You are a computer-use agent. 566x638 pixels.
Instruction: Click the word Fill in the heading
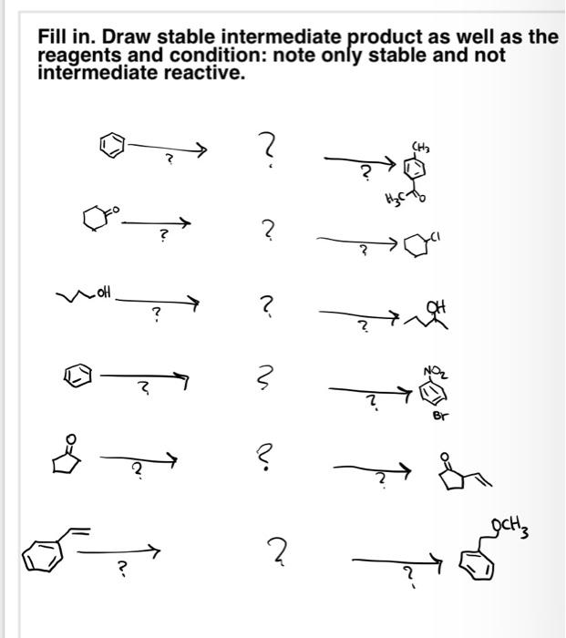coord(54,37)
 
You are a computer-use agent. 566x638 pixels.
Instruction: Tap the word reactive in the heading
coord(211,73)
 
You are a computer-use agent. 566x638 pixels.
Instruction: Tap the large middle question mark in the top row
coord(266,147)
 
